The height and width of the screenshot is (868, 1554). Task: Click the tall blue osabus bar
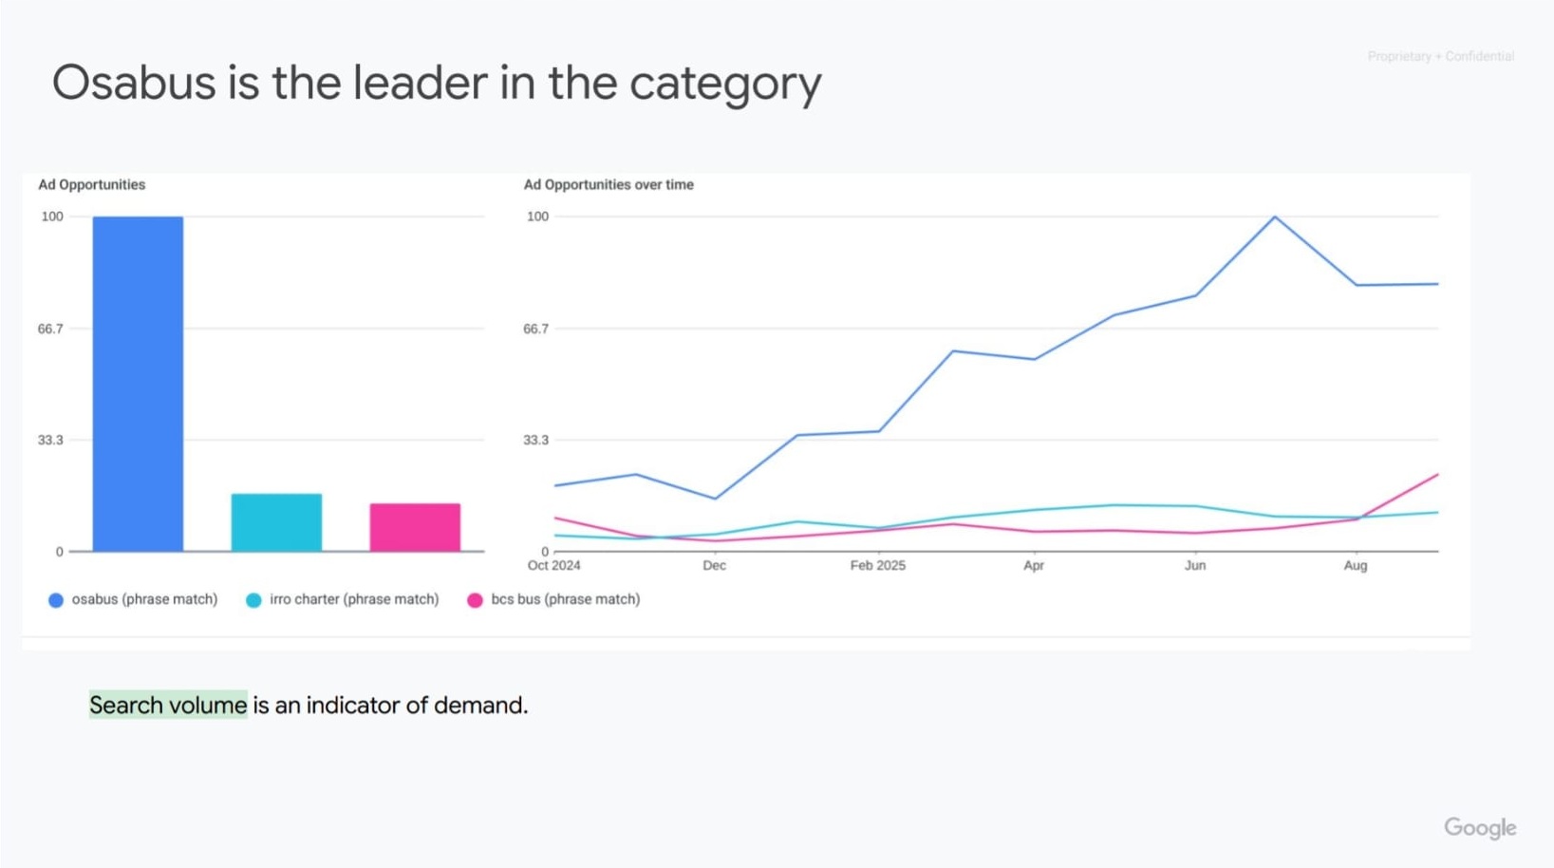point(138,384)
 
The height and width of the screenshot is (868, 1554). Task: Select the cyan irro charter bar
point(276,522)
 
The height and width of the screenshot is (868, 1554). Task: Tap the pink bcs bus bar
point(415,527)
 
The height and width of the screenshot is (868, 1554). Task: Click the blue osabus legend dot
point(56,600)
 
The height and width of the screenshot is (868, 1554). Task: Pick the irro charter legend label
point(353,599)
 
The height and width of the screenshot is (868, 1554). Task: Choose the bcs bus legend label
point(565,599)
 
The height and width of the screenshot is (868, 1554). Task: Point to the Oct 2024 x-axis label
point(553,565)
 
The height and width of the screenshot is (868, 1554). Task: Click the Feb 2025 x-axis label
point(877,565)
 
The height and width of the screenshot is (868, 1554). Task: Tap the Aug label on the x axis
point(1356,565)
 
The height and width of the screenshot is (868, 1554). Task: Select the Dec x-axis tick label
point(714,565)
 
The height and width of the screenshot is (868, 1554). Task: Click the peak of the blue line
point(1275,217)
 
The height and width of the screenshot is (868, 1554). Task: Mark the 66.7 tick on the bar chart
point(50,329)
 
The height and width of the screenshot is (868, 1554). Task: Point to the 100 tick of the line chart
point(537,217)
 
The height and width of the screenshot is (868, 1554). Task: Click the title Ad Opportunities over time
point(608,184)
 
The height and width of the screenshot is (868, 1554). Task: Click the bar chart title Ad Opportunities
point(91,184)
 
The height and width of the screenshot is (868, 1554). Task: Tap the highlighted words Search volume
point(168,705)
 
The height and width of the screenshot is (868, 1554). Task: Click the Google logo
point(1480,827)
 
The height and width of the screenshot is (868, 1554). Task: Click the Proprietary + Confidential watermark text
point(1440,57)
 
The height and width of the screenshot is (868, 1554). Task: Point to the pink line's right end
point(1437,475)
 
